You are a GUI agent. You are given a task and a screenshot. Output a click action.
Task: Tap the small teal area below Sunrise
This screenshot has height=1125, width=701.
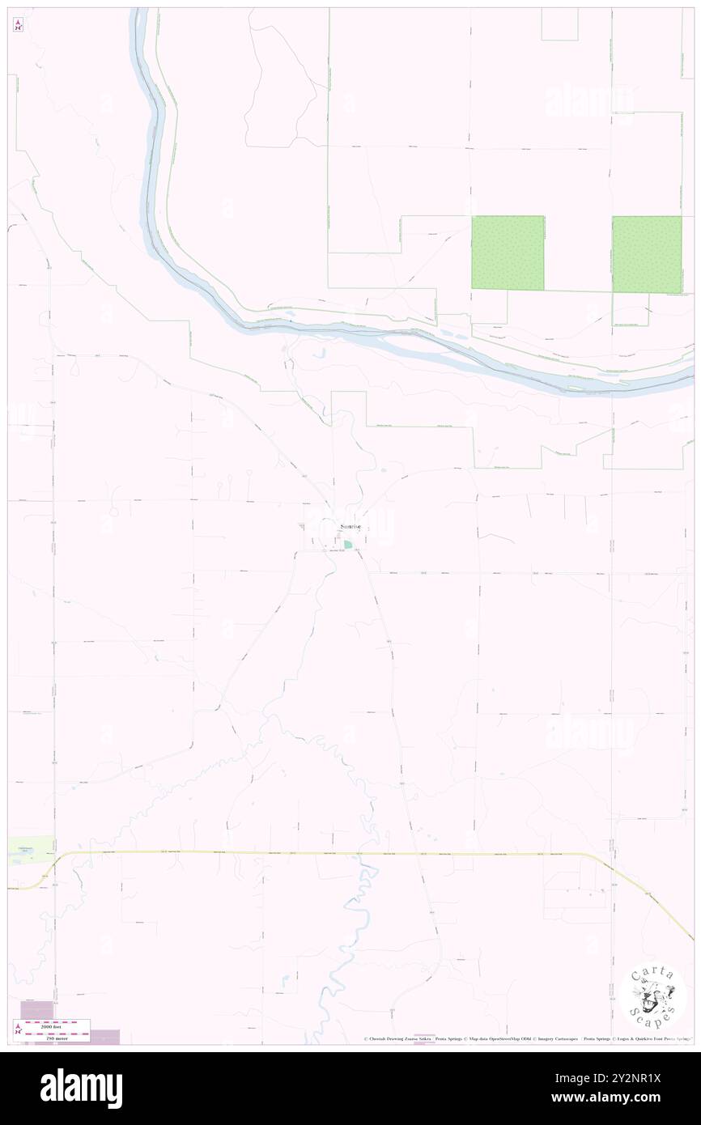347,546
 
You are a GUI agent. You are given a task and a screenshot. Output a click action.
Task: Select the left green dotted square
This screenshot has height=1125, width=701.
508,253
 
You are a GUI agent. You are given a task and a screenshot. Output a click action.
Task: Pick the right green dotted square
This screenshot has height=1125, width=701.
647,254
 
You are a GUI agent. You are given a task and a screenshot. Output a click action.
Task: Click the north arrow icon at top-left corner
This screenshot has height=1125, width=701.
18,26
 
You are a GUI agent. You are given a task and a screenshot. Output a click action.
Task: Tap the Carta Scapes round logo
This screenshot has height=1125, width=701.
656,998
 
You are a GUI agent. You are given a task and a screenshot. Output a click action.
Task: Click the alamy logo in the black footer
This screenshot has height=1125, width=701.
81,1088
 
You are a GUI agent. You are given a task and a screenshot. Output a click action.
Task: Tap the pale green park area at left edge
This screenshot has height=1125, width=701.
30,849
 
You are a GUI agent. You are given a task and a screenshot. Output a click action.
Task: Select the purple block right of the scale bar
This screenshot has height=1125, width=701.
104,1036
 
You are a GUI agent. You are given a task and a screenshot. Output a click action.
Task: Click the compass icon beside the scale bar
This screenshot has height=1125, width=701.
18,1029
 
